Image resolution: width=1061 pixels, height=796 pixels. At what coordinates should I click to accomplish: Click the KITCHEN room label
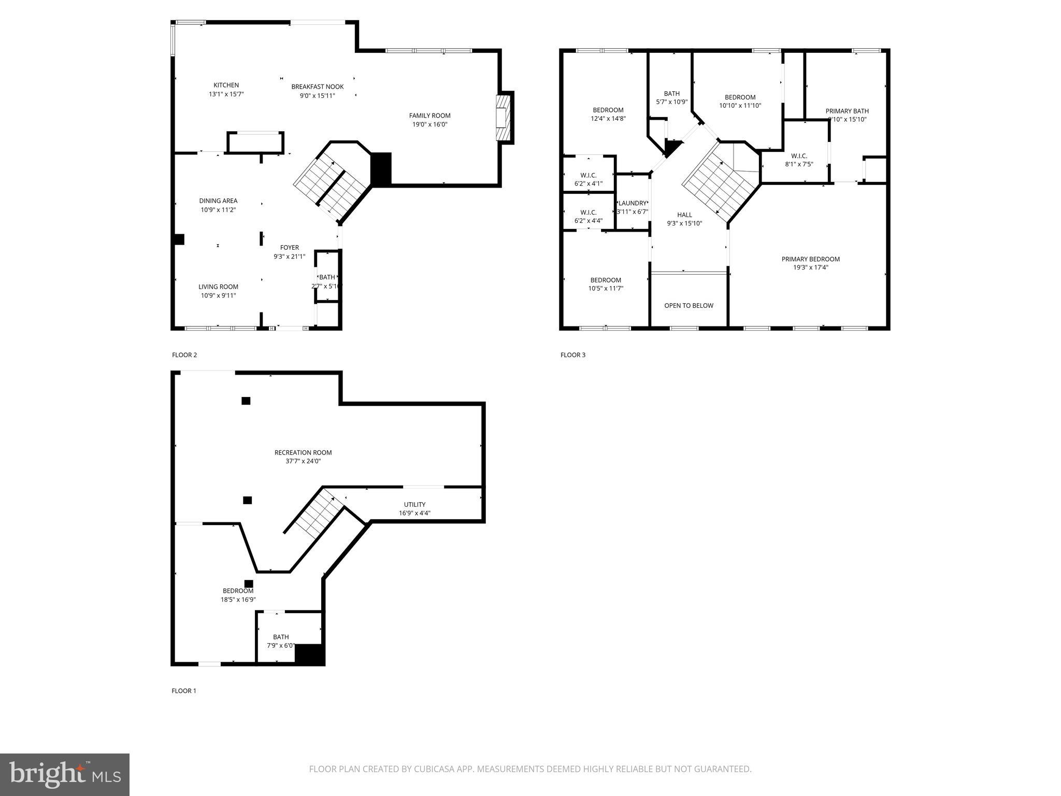click(226, 86)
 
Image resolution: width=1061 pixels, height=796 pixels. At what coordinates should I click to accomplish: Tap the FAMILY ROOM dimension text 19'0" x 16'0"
click(429, 124)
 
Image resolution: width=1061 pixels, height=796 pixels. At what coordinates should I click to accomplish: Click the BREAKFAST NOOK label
click(317, 87)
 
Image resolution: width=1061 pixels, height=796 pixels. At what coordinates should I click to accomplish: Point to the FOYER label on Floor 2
click(290, 248)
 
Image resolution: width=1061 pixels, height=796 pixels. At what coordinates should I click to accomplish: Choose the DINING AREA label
click(218, 201)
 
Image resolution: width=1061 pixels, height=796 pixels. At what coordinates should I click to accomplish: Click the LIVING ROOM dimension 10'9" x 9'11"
click(218, 295)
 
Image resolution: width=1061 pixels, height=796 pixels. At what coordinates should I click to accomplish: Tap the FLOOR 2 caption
click(184, 355)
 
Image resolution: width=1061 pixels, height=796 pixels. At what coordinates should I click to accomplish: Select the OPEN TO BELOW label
click(689, 306)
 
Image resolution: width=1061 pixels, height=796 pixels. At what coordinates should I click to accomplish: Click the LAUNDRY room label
click(633, 203)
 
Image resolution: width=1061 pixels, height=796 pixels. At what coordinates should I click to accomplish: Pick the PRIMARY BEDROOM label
click(810, 259)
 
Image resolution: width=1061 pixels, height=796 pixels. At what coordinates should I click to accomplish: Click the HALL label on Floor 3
click(684, 215)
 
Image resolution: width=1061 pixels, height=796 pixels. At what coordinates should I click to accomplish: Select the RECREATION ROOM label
click(303, 452)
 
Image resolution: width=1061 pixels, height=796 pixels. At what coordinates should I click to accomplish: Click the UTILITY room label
click(414, 505)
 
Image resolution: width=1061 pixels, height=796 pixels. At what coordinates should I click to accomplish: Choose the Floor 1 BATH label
click(281, 637)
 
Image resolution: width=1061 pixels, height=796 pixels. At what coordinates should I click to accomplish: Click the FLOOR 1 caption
click(184, 691)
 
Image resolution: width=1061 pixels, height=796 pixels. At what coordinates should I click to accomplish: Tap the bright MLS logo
click(65, 774)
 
